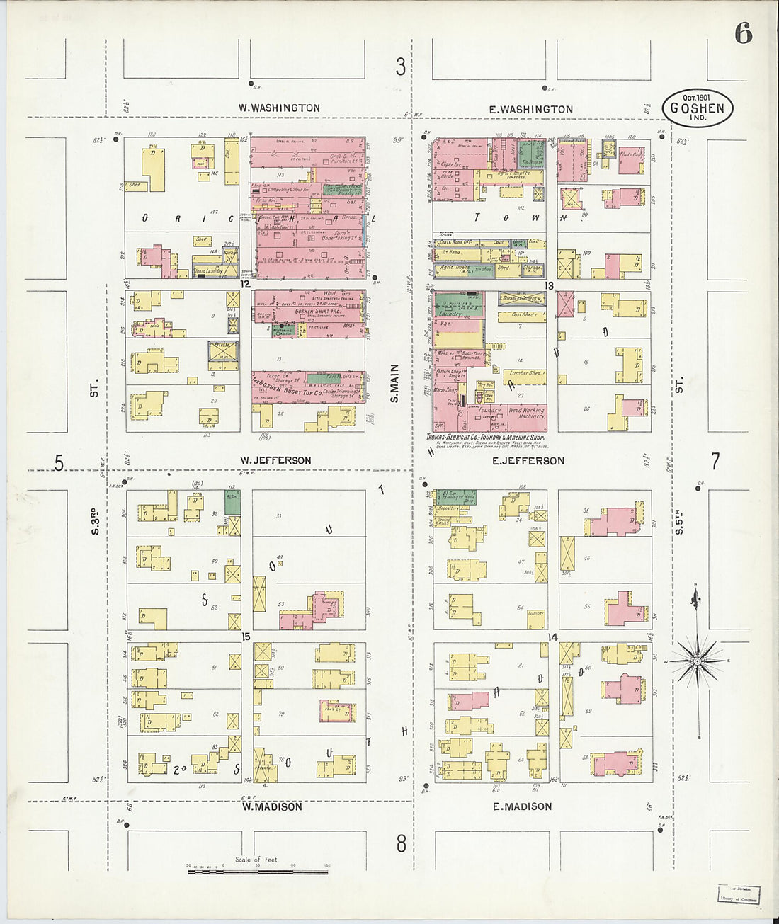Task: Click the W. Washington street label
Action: [279, 108]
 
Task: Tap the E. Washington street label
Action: [531, 109]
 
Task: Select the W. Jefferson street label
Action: [275, 460]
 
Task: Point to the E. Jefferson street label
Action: [528, 461]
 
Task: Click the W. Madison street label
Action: [272, 806]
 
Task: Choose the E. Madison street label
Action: [523, 806]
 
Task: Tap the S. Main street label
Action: [394, 383]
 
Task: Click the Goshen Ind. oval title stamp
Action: [698, 108]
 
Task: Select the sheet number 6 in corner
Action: [743, 33]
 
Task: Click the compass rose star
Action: [697, 661]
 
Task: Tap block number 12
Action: [245, 284]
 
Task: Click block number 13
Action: [550, 285]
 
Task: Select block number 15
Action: [245, 637]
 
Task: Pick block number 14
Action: [553, 637]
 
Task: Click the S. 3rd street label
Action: [94, 520]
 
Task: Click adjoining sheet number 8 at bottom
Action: [402, 843]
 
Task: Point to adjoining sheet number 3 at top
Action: [401, 67]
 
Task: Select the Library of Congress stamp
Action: [739, 894]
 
